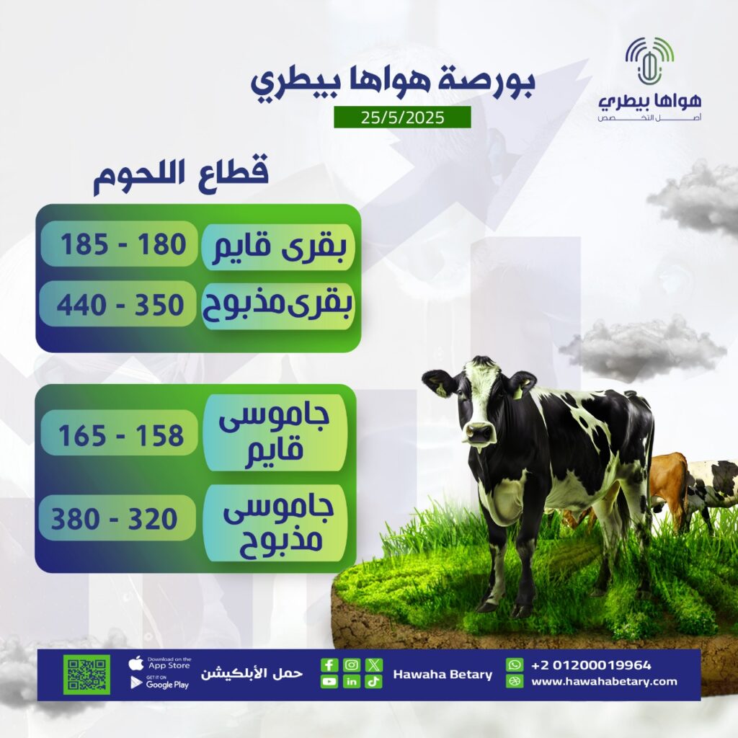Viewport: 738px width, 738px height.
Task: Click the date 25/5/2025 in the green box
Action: pos(402,117)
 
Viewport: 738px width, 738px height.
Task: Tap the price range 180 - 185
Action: pos(123,245)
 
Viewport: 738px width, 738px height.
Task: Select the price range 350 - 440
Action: pos(120,305)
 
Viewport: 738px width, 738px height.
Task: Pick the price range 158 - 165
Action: pos(121,435)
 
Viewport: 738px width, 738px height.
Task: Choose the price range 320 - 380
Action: pos(114,519)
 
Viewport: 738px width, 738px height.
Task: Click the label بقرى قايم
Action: pos(279,247)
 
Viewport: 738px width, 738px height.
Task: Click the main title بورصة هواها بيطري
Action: pos(392,82)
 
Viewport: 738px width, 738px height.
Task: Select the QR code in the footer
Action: pos(88,675)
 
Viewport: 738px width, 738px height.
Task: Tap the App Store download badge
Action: pos(160,664)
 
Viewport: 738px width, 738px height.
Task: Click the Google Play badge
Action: pos(160,683)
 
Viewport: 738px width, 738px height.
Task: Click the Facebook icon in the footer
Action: pos(329,664)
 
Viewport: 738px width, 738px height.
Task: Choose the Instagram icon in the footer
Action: pos(351,664)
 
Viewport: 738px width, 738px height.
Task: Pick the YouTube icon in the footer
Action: pos(329,682)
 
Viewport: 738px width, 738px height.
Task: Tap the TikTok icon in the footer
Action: pos(373,682)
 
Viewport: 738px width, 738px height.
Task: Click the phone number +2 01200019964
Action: pos(591,665)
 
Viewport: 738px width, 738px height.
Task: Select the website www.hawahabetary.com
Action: pos(604,681)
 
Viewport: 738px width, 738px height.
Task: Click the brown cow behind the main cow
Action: pos(668,489)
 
